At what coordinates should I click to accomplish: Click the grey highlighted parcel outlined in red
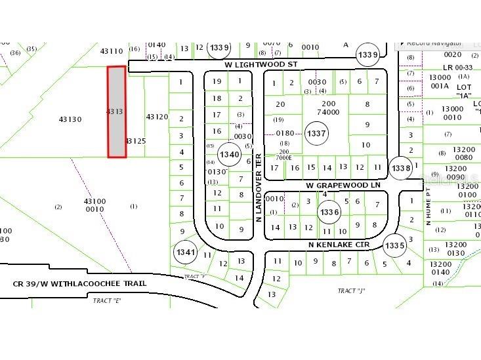point(117,111)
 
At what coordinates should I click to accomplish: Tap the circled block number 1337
point(316,134)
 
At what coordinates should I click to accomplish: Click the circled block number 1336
point(329,212)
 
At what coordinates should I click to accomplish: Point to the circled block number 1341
point(186,252)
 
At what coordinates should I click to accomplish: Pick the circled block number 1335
point(394,245)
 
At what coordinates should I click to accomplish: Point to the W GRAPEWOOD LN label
point(343,186)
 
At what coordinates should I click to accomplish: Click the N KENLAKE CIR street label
point(339,244)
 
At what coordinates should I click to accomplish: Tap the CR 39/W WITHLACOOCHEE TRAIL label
point(79,283)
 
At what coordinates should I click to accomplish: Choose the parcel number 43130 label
point(70,119)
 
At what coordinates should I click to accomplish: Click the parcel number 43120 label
point(157,117)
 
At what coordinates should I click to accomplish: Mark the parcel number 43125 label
point(136,141)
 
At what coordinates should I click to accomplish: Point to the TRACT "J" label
point(351,290)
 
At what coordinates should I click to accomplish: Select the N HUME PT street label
point(428,207)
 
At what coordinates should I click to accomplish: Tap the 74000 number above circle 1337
point(327,112)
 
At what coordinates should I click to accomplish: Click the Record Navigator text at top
point(434,43)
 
